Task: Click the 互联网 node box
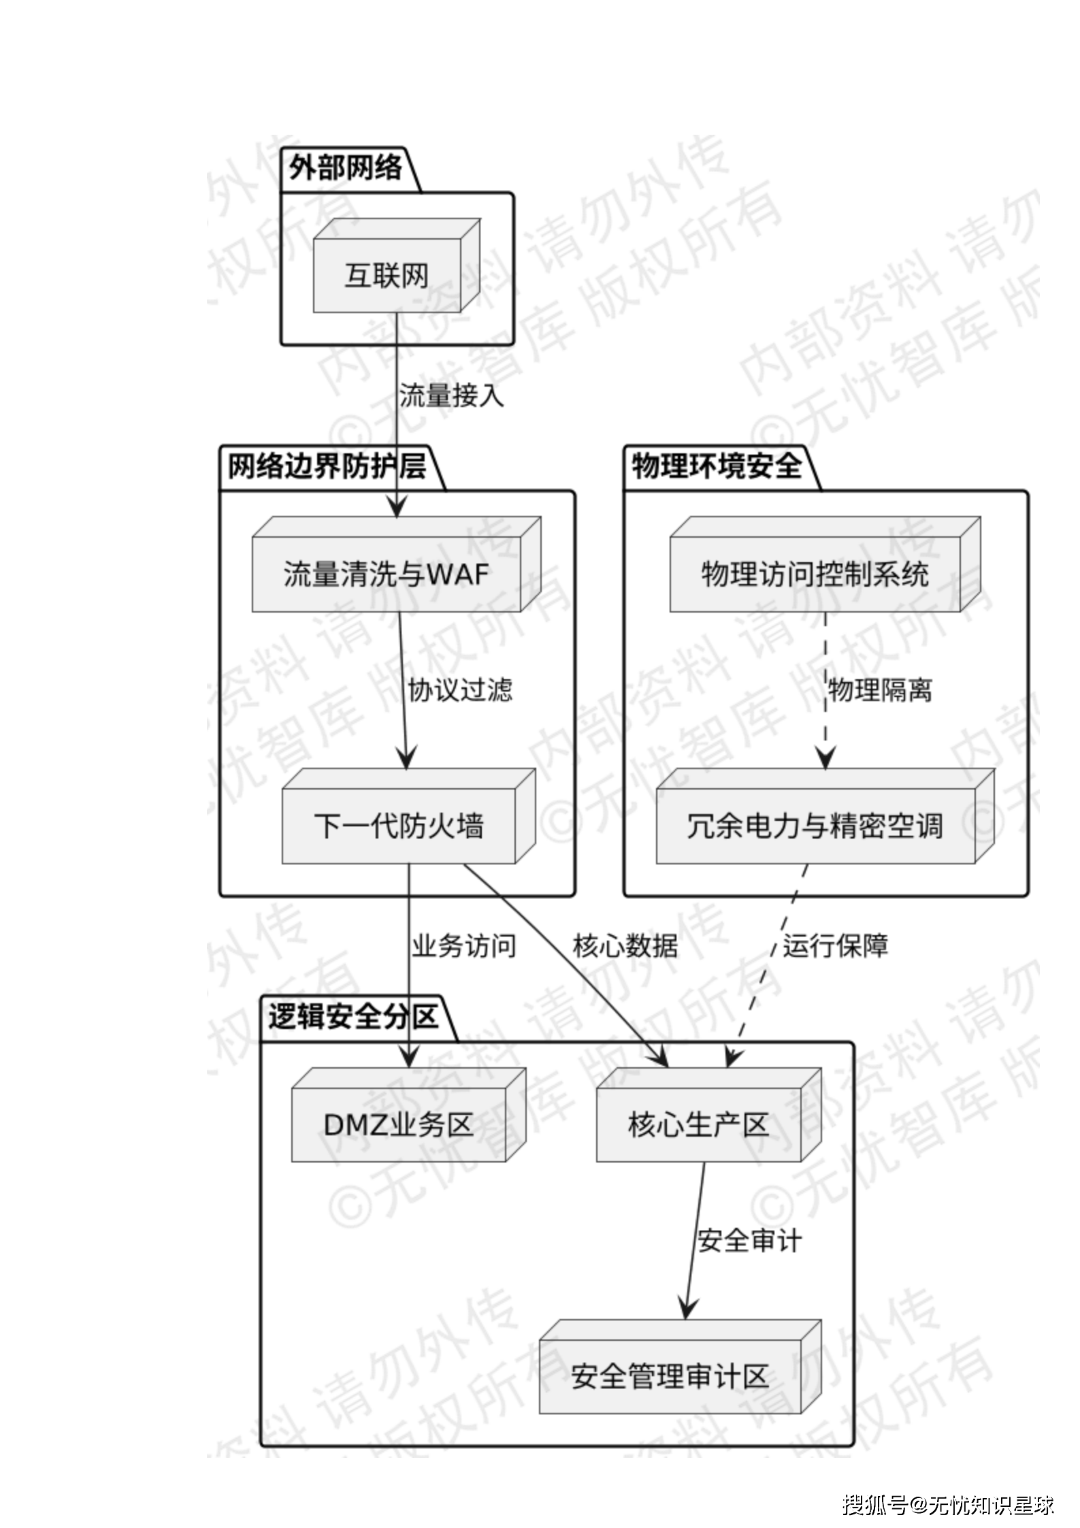click(387, 276)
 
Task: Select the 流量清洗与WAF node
click(387, 574)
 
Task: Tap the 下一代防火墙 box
click(399, 826)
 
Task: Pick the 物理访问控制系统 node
click(815, 574)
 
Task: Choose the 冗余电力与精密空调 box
click(815, 826)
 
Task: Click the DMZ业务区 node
click(399, 1124)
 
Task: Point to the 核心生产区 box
click(699, 1124)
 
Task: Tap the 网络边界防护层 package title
click(327, 467)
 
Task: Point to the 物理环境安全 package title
click(717, 467)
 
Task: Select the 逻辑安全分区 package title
click(353, 1018)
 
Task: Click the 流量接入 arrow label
click(452, 395)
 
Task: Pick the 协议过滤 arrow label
click(460, 690)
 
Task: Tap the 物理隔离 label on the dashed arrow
click(880, 690)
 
